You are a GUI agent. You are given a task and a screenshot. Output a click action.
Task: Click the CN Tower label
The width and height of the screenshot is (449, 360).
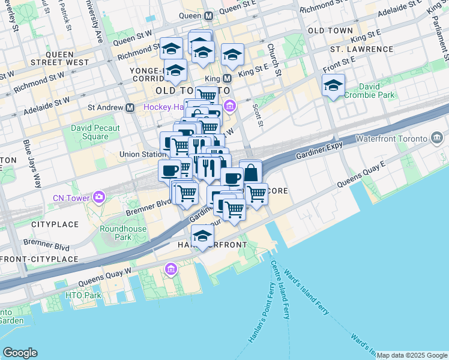(70, 197)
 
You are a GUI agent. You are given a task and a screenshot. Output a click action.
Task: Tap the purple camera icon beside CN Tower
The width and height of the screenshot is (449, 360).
(98, 197)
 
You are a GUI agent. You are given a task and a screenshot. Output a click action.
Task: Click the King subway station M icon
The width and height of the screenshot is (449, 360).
(228, 78)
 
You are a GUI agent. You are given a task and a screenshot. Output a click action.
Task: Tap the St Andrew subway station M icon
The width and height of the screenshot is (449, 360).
(130, 108)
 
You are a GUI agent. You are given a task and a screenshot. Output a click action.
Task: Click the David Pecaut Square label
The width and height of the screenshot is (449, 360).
(95, 132)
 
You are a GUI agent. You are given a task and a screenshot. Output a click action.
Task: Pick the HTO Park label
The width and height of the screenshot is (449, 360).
(84, 295)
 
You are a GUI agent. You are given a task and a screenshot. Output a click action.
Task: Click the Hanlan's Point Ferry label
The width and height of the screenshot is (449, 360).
(258, 318)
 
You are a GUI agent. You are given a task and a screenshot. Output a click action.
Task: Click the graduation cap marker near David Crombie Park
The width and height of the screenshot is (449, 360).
(333, 86)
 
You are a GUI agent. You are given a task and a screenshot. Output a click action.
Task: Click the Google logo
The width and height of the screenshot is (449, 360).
(20, 353)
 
